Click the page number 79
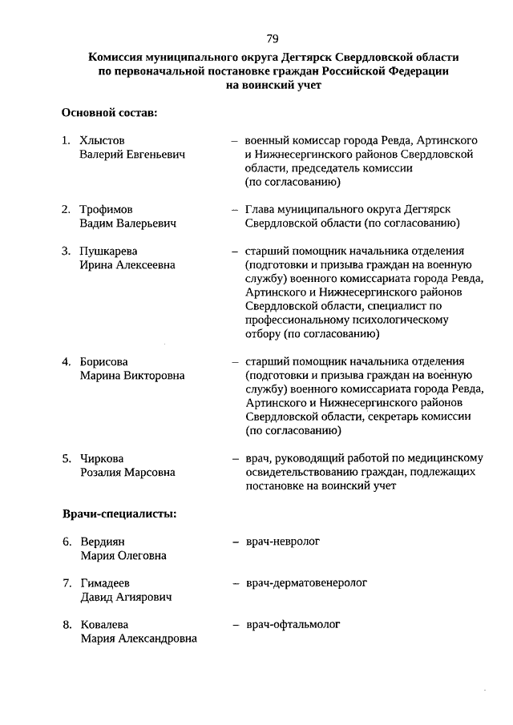coord(273,38)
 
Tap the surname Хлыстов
coord(103,140)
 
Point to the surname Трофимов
coord(107,209)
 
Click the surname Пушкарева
coord(109,251)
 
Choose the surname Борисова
coord(104,361)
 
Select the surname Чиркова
coord(102,459)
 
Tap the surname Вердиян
coord(103,542)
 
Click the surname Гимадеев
coord(105,583)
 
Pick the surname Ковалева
coord(105,624)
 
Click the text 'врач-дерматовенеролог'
coord(305,583)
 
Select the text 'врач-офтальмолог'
coord(293,624)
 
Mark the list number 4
coord(67,361)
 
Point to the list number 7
coord(67,583)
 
